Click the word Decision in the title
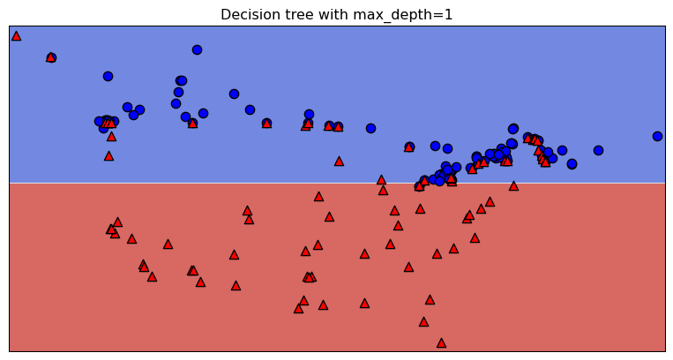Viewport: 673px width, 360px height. click(247, 15)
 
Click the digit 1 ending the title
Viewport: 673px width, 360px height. click(448, 15)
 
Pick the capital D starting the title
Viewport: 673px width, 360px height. click(226, 15)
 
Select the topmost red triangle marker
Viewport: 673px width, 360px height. click(16, 36)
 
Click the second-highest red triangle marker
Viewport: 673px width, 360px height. click(51, 57)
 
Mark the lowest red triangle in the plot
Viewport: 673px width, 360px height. click(441, 342)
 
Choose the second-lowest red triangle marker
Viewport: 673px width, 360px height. click(423, 321)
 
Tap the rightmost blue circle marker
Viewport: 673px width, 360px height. click(657, 136)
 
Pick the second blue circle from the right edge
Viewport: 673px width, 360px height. click(598, 150)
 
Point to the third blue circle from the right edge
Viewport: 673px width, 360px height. click(572, 163)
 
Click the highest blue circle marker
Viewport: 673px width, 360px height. click(197, 49)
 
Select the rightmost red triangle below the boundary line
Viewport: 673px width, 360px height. click(513, 186)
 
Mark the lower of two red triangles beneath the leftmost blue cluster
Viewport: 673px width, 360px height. click(108, 156)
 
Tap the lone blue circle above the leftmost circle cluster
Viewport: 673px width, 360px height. click(108, 76)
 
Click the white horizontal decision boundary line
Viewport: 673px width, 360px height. click(265, 183)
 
